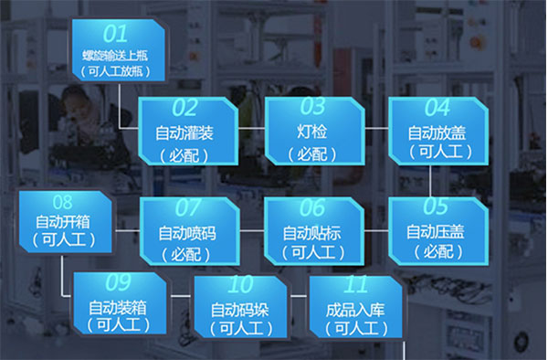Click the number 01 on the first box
[x=115, y=35]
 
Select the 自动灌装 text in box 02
[x=189, y=133]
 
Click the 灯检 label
[x=312, y=133]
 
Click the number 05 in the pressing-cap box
[x=437, y=206]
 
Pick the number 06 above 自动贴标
[x=311, y=207]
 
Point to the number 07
[x=188, y=207]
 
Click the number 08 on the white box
[x=63, y=202]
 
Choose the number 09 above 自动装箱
[x=119, y=283]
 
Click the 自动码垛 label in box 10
[x=240, y=308]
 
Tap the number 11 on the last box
[x=357, y=284]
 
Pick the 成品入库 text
[x=356, y=309]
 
